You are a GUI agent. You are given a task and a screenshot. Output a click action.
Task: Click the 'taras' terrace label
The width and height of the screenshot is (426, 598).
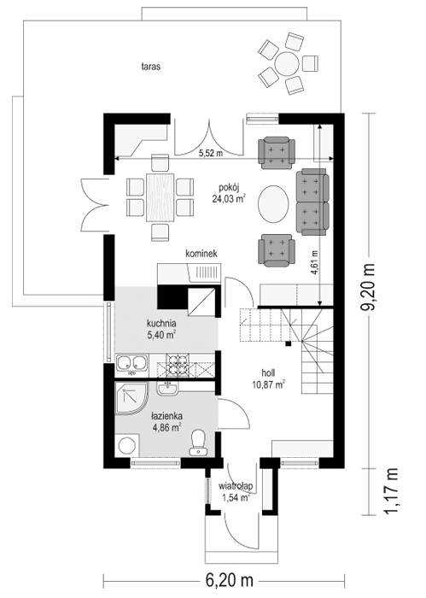153,65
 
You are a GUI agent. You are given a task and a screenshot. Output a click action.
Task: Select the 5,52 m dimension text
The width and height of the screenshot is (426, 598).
211,154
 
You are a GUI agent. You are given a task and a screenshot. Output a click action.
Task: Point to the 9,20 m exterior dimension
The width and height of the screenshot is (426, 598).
374,290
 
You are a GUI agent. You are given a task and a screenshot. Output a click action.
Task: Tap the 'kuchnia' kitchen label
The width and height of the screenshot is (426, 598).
160,324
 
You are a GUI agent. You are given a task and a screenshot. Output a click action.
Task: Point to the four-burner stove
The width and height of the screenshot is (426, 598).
178,366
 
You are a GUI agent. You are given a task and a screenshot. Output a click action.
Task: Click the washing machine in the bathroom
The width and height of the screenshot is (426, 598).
128,446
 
